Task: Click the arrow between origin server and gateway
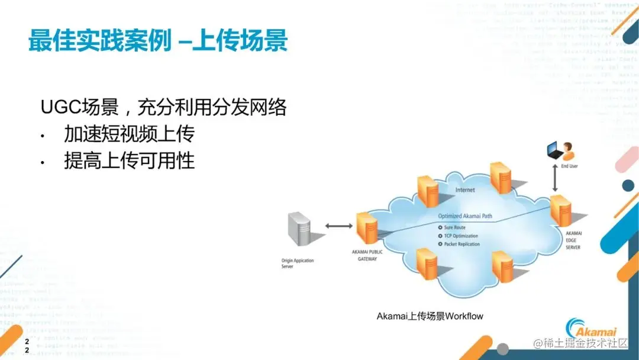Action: point(338,226)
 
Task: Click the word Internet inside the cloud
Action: point(464,190)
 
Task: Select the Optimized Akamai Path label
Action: point(464,216)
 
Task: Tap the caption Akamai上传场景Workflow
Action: point(430,316)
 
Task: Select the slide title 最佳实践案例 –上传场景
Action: point(159,41)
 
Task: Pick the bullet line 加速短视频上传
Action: point(129,134)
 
